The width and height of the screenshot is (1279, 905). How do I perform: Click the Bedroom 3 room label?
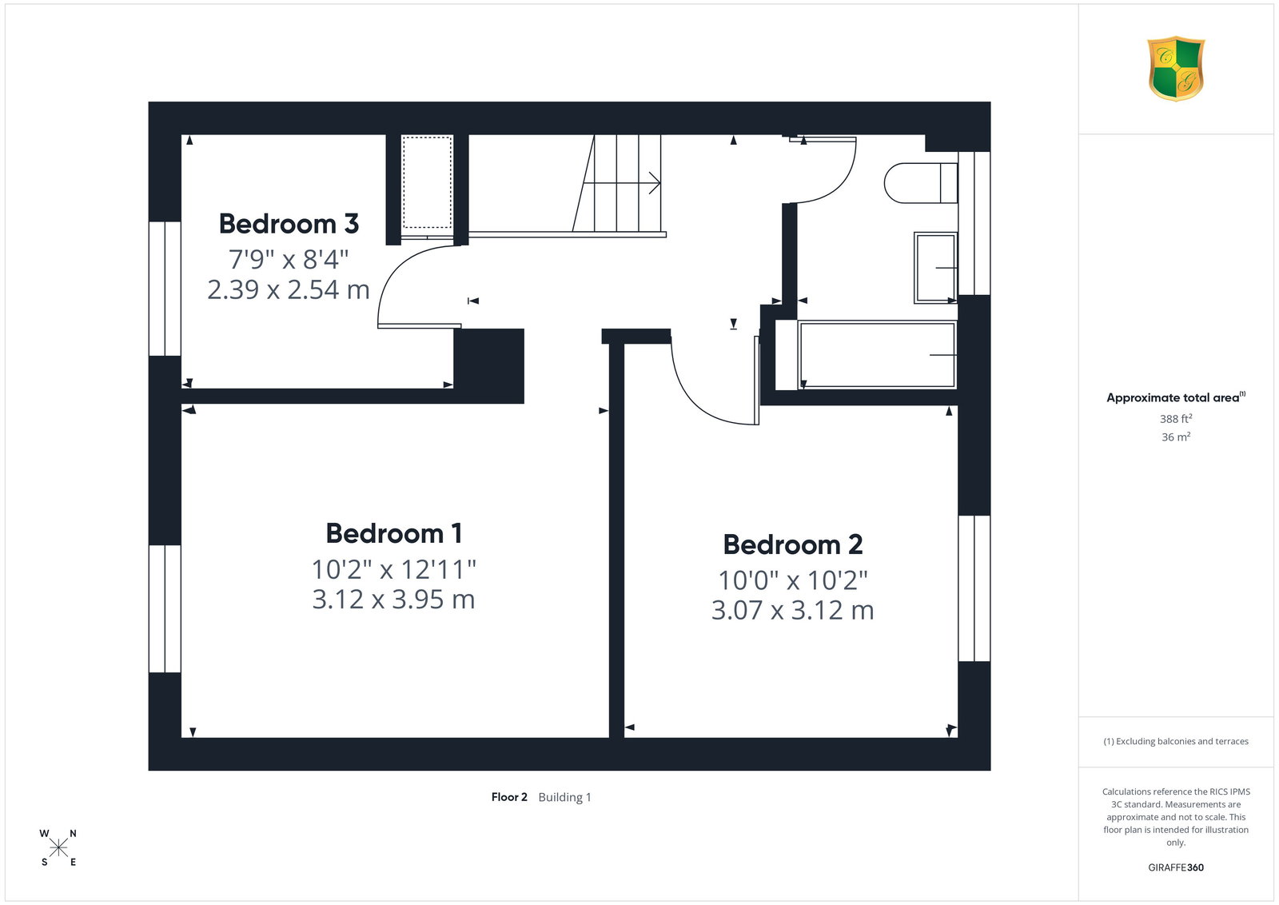(289, 224)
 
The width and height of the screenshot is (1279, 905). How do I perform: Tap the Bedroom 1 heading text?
(393, 534)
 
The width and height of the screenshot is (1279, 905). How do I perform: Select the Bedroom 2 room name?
(792, 544)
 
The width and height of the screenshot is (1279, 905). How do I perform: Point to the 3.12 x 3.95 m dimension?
(393, 600)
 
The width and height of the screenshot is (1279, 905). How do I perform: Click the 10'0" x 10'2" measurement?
(792, 580)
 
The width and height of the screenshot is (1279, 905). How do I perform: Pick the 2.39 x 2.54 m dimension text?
(289, 289)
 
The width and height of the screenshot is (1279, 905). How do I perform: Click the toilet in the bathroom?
(920, 183)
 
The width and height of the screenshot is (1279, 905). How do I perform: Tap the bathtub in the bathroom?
(877, 355)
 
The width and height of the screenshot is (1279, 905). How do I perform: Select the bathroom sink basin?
(935, 268)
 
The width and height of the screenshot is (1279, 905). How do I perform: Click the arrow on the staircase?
(622, 183)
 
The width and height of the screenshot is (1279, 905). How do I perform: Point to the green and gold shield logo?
(1176, 69)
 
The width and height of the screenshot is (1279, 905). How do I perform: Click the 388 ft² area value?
(1176, 419)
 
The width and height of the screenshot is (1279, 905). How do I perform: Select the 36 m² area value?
(1176, 437)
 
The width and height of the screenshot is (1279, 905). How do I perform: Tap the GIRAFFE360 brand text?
(1176, 867)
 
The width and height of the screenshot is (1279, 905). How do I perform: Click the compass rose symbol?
(58, 848)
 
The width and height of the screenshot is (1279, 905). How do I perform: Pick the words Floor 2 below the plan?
(509, 797)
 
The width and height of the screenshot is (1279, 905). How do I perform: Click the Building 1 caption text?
(564, 797)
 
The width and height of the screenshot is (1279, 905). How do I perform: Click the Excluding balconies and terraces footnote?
(1176, 741)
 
